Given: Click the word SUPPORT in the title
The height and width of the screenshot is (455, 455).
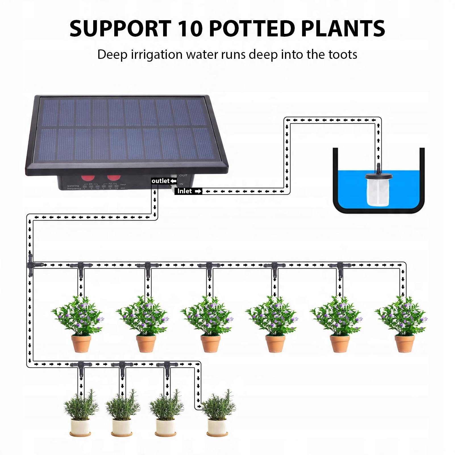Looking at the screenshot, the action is [120, 28].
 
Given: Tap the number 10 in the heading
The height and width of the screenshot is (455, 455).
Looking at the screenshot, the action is [190, 28].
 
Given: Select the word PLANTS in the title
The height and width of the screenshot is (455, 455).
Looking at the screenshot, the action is [343, 28].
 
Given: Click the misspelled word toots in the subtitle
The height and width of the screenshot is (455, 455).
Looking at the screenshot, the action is [343, 55].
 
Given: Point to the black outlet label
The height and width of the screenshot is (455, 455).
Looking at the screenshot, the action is [164, 181].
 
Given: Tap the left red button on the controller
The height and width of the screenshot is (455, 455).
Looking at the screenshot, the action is [88, 178].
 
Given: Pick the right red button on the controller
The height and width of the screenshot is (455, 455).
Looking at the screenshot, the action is [114, 178].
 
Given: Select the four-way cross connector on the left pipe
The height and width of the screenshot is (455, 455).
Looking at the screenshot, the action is [30, 265].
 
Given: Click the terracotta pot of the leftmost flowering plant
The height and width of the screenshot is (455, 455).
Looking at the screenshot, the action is [81, 344].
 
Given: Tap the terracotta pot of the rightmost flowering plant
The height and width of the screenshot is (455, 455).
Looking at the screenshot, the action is [404, 344].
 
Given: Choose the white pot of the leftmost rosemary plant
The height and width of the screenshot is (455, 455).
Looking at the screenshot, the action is [80, 426].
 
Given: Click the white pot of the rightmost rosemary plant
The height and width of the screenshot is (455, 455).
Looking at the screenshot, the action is [217, 426].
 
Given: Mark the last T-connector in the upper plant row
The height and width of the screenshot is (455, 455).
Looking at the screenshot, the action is [340, 266].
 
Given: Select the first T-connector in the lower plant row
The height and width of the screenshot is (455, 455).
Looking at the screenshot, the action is [81, 365].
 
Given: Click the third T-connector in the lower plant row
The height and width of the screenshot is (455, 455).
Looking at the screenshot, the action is [167, 365].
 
